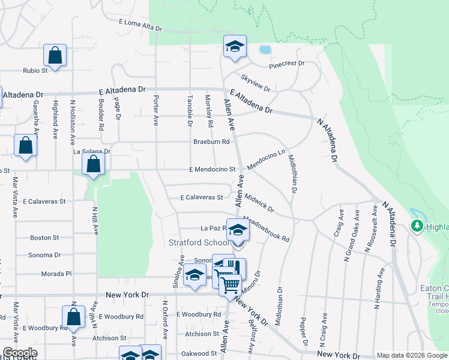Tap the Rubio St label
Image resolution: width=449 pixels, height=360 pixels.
pyautogui.click(x=35, y=70)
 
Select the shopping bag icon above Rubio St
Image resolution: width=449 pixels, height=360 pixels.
pyautogui.click(x=55, y=56)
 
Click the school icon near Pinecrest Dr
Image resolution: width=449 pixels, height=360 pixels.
pyautogui.click(x=235, y=46)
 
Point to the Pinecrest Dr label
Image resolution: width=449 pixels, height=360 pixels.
pyautogui.click(x=287, y=64)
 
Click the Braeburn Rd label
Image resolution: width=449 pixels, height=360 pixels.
pyautogui.click(x=211, y=142)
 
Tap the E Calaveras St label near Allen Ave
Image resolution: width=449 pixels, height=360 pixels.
pyautogui.click(x=202, y=197)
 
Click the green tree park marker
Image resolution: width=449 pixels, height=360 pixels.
pyautogui.click(x=417, y=226)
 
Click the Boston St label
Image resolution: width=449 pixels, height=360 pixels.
pyautogui.click(x=44, y=238)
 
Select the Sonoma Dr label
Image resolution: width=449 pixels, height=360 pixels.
pyautogui.click(x=44, y=255)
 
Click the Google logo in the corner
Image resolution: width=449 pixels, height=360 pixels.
pyautogui.click(x=20, y=353)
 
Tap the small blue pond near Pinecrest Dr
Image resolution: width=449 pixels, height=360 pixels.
pyautogui.click(x=265, y=50)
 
